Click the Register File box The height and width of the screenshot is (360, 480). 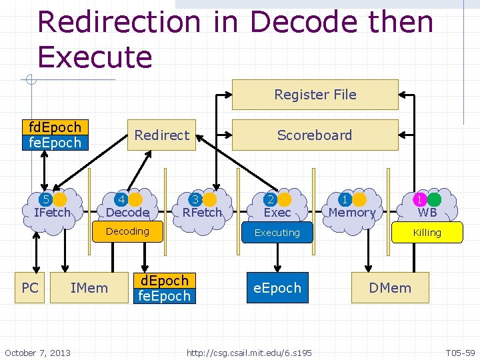point(315,95)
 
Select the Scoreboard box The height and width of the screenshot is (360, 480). point(315,135)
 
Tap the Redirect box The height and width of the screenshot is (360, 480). point(162,135)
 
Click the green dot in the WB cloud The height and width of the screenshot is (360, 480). point(434,199)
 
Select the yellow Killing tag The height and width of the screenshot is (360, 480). point(427,233)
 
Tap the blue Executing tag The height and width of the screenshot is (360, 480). point(277,233)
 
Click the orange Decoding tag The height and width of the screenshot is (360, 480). point(127,231)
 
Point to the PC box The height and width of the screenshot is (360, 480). point(30,288)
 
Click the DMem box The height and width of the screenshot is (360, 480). point(390,288)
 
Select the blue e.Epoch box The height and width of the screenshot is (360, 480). point(277,288)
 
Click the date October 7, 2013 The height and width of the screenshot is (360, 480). point(37,352)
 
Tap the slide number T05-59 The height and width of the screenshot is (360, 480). point(460,352)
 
